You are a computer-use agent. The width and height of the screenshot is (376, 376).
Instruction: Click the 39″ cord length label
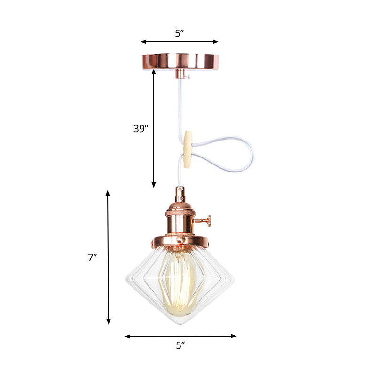pyautogui.click(x=141, y=128)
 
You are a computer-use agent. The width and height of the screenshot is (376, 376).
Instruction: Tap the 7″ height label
pyautogui.click(x=92, y=257)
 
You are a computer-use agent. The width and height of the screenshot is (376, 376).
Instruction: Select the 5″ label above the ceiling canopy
pyautogui.click(x=180, y=33)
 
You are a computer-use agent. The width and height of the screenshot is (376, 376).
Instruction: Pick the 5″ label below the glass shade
pyautogui.click(x=180, y=346)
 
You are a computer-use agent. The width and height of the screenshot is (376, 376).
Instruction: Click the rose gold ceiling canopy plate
pyautogui.click(x=180, y=61)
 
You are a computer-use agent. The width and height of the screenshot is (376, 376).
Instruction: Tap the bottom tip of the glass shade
pyautogui.click(x=180, y=325)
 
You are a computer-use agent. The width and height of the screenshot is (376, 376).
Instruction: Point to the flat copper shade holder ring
pyautogui.click(x=180, y=241)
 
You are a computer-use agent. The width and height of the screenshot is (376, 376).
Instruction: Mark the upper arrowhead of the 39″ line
pyautogui.click(x=153, y=71)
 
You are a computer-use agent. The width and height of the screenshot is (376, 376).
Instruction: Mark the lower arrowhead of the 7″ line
pyautogui.click(x=108, y=322)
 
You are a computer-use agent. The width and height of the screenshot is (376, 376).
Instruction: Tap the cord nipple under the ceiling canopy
pyautogui.click(x=180, y=74)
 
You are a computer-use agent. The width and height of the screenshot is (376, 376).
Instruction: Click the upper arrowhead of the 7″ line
pyautogui.click(x=108, y=193)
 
